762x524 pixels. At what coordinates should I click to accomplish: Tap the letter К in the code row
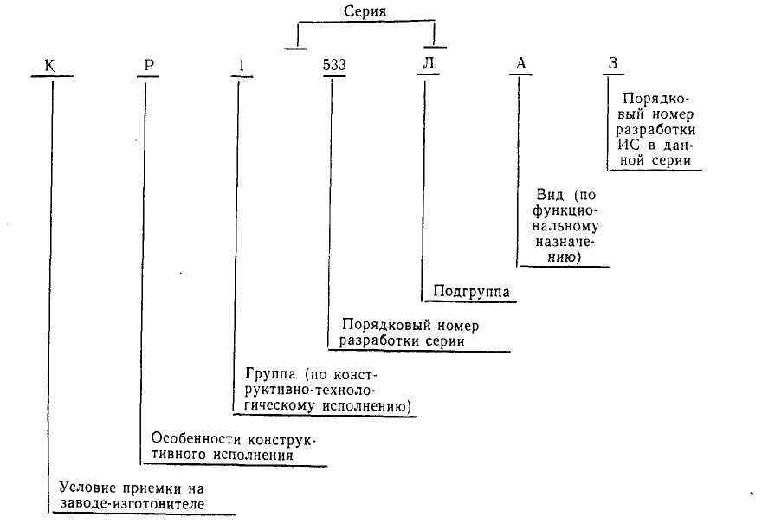[52, 65]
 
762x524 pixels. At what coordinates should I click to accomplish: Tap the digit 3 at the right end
[613, 65]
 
